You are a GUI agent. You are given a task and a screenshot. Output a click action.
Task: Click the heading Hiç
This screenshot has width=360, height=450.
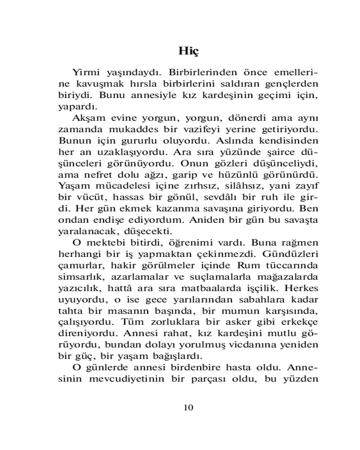[189, 50]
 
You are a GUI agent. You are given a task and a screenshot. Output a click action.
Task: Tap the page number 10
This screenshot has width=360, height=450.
[189, 407]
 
